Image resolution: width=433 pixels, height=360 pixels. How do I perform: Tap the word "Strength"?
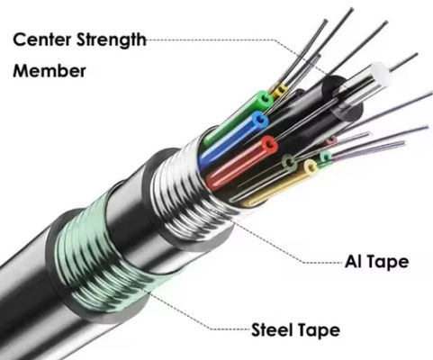(113, 39)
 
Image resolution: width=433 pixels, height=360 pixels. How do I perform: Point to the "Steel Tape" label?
(295, 330)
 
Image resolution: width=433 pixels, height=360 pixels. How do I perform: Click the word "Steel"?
(273, 330)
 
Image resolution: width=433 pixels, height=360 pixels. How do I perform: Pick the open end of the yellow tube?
(311, 166)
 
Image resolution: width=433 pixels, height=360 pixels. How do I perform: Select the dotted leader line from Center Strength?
(234, 40)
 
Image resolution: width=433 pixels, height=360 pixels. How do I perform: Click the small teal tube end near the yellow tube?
(326, 157)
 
